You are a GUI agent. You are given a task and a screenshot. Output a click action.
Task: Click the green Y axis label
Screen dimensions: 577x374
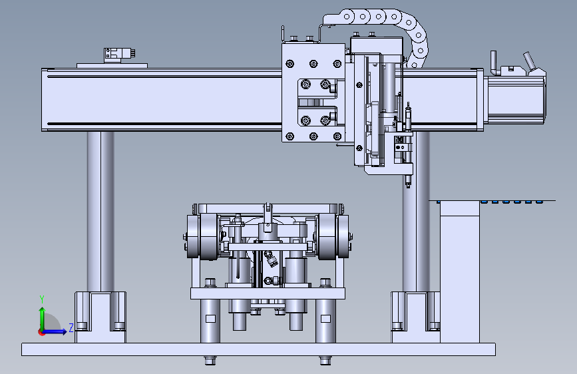42,299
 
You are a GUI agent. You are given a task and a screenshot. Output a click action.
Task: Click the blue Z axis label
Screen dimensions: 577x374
71,327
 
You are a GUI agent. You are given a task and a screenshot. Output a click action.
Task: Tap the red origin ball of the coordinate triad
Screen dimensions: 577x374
41,332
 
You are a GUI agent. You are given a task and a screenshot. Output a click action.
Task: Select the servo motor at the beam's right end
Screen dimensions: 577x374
515,98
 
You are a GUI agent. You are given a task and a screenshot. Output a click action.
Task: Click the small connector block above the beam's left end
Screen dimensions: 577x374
119,55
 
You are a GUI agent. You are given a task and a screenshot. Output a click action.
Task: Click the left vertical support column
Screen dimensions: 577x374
100,212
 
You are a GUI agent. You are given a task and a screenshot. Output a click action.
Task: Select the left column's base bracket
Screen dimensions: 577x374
100,317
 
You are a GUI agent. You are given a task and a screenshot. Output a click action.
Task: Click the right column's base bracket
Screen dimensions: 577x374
415,317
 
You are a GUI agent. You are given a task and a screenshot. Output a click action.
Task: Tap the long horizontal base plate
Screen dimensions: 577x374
258,349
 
